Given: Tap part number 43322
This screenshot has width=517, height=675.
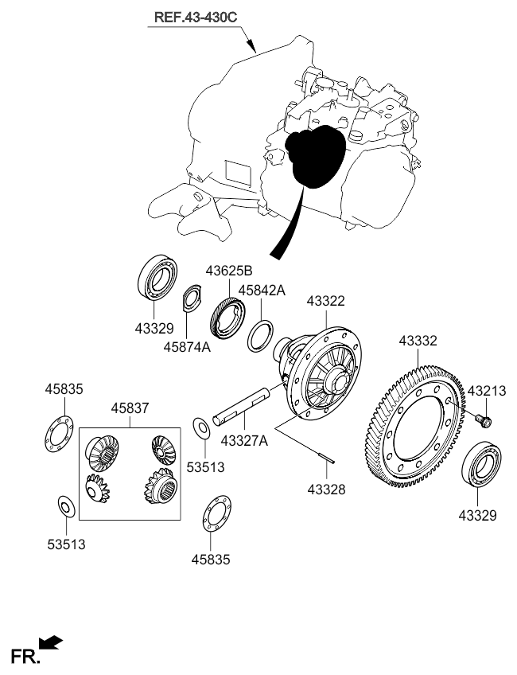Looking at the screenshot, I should (x=326, y=301).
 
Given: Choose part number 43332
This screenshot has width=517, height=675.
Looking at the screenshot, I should (x=418, y=341).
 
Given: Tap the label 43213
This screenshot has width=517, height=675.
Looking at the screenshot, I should (x=486, y=391).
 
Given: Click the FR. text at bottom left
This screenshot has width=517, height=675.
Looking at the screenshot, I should (x=23, y=655).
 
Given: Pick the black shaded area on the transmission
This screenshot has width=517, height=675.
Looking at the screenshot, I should (x=316, y=157).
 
